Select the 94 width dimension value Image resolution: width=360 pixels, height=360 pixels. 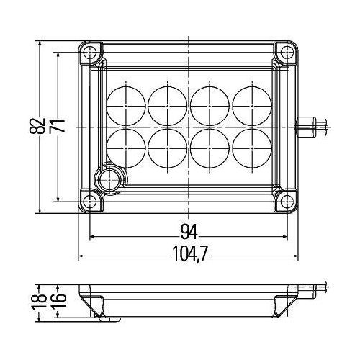tap(189, 231)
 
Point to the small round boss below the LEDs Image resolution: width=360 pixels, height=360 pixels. tap(110, 177)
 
